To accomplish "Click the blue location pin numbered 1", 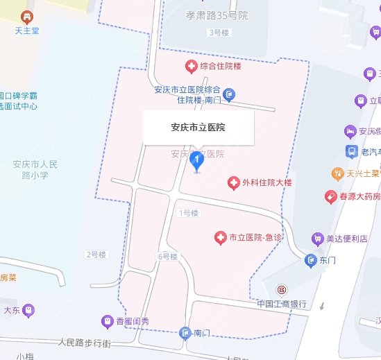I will tap(196, 162).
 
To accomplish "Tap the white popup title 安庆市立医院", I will tap(198, 127).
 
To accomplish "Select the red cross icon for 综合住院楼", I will tap(190, 67).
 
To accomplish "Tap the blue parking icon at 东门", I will tap(310, 260).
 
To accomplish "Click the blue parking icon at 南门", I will tap(185, 333).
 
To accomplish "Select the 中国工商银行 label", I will tap(282, 303).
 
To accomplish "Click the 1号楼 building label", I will tap(189, 212).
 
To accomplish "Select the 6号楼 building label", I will tap(168, 257).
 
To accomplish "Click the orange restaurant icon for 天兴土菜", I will tap(337, 172).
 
